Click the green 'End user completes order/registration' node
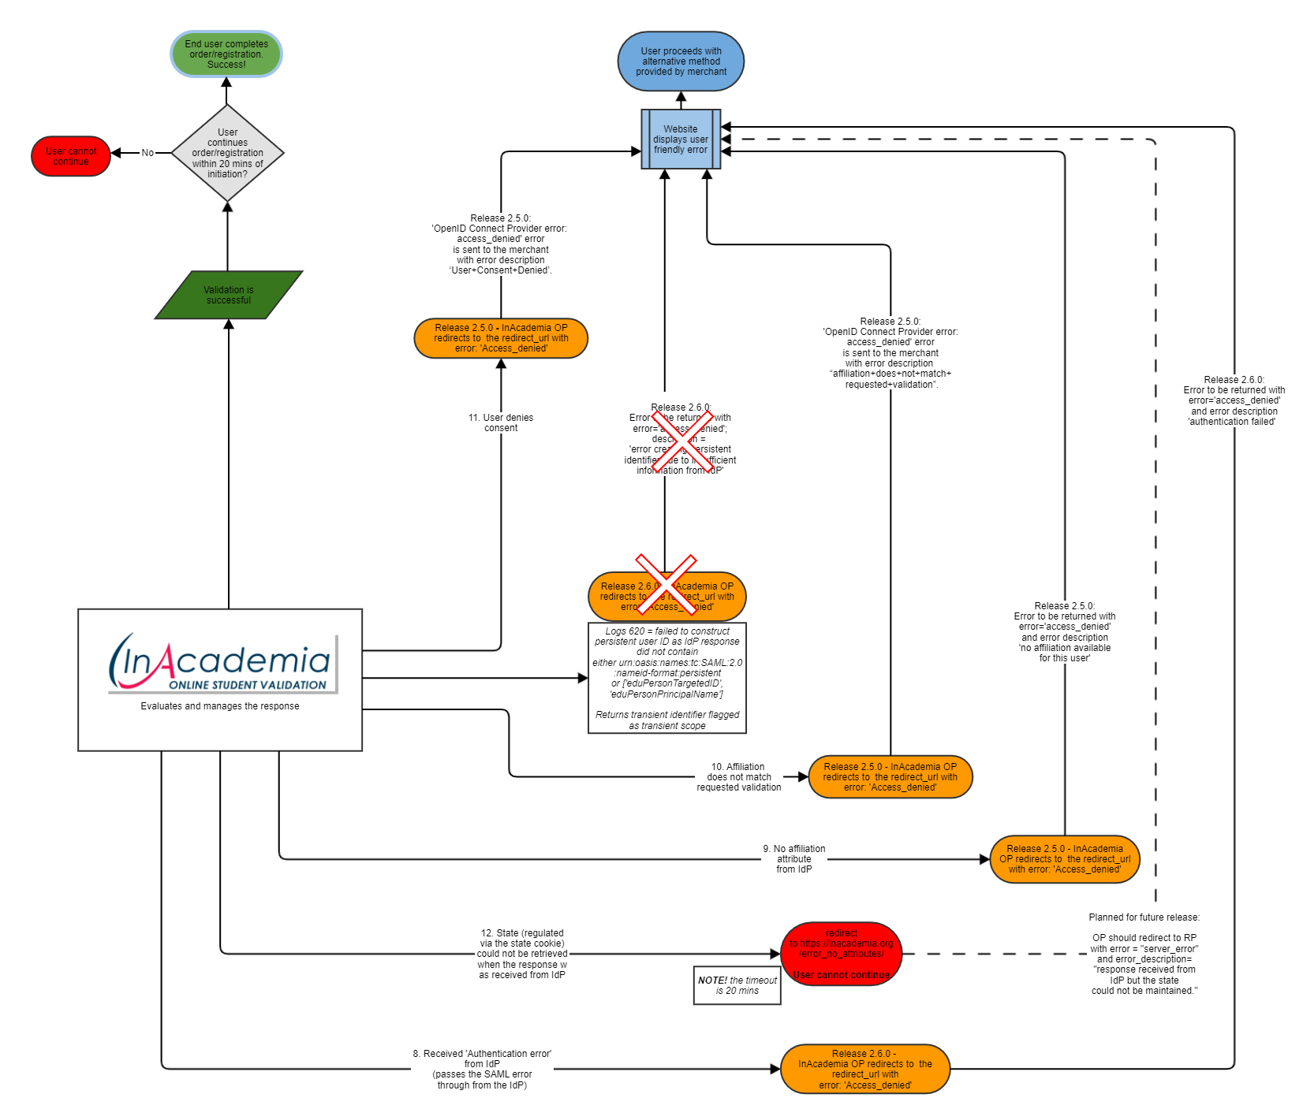pos(226,54)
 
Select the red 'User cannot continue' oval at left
pos(71,156)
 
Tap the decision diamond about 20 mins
pos(227,153)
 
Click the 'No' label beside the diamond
pos(147,153)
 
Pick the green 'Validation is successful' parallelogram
pos(229,295)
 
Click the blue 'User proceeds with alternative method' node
pos(681,61)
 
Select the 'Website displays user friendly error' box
pos(681,140)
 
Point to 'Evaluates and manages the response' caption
pos(220,706)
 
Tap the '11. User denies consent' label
pos(501,422)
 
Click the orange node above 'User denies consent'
pos(501,338)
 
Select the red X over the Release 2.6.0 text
pos(681,441)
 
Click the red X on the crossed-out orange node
pos(666,584)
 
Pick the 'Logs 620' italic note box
pos(667,678)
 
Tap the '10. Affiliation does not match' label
pos(739,777)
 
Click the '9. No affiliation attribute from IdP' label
pos(794,859)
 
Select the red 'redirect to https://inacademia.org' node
pos(842,954)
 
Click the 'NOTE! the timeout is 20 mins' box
pos(737,985)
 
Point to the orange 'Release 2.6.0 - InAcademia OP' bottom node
pos(864,1070)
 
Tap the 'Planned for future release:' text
pos(1144,917)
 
